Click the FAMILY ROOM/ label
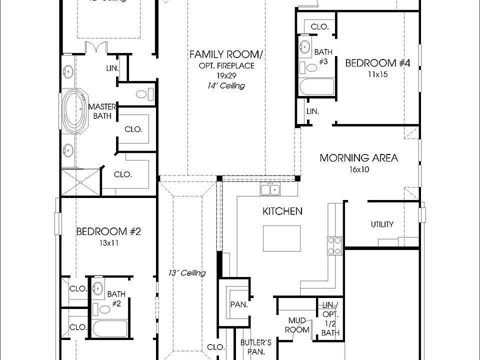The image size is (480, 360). [226, 54]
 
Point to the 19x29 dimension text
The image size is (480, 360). [226, 75]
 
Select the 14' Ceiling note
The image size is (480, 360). [226, 85]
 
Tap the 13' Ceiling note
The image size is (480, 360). [187, 273]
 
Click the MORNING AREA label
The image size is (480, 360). [358, 158]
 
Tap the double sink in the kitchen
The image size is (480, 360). [270, 189]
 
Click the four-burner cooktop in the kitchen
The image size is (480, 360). [335, 245]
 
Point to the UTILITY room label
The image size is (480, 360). [382, 224]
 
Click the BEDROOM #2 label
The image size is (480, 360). [108, 231]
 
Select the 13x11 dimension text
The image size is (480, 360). [108, 243]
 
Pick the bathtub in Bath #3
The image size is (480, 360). [316, 87]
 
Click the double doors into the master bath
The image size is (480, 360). [95, 49]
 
